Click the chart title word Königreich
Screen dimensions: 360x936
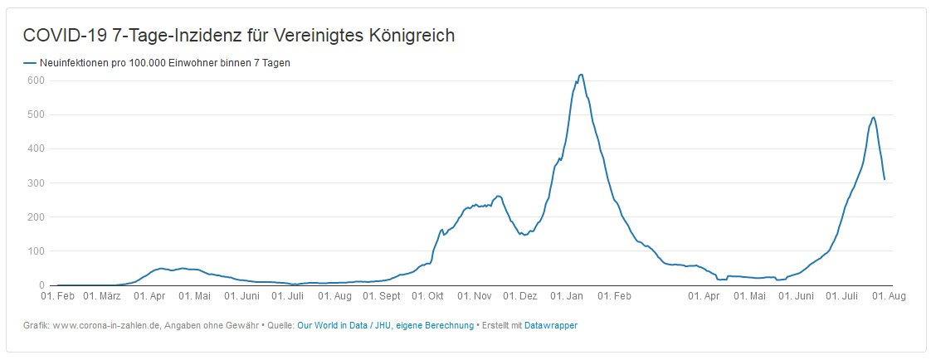pyautogui.click(x=412, y=36)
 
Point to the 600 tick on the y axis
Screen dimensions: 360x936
pyautogui.click(x=35, y=80)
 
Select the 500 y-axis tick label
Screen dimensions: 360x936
pyautogui.click(x=35, y=114)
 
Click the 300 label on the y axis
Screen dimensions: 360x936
pyautogui.click(x=35, y=182)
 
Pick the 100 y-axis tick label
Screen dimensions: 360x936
pyautogui.click(x=35, y=251)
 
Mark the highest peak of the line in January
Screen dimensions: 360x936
pyautogui.click(x=581, y=75)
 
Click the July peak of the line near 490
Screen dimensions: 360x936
pyautogui.click(x=873, y=117)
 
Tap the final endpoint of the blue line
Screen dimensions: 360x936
pyautogui.click(x=885, y=179)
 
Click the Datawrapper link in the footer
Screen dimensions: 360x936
pyautogui.click(x=551, y=326)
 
